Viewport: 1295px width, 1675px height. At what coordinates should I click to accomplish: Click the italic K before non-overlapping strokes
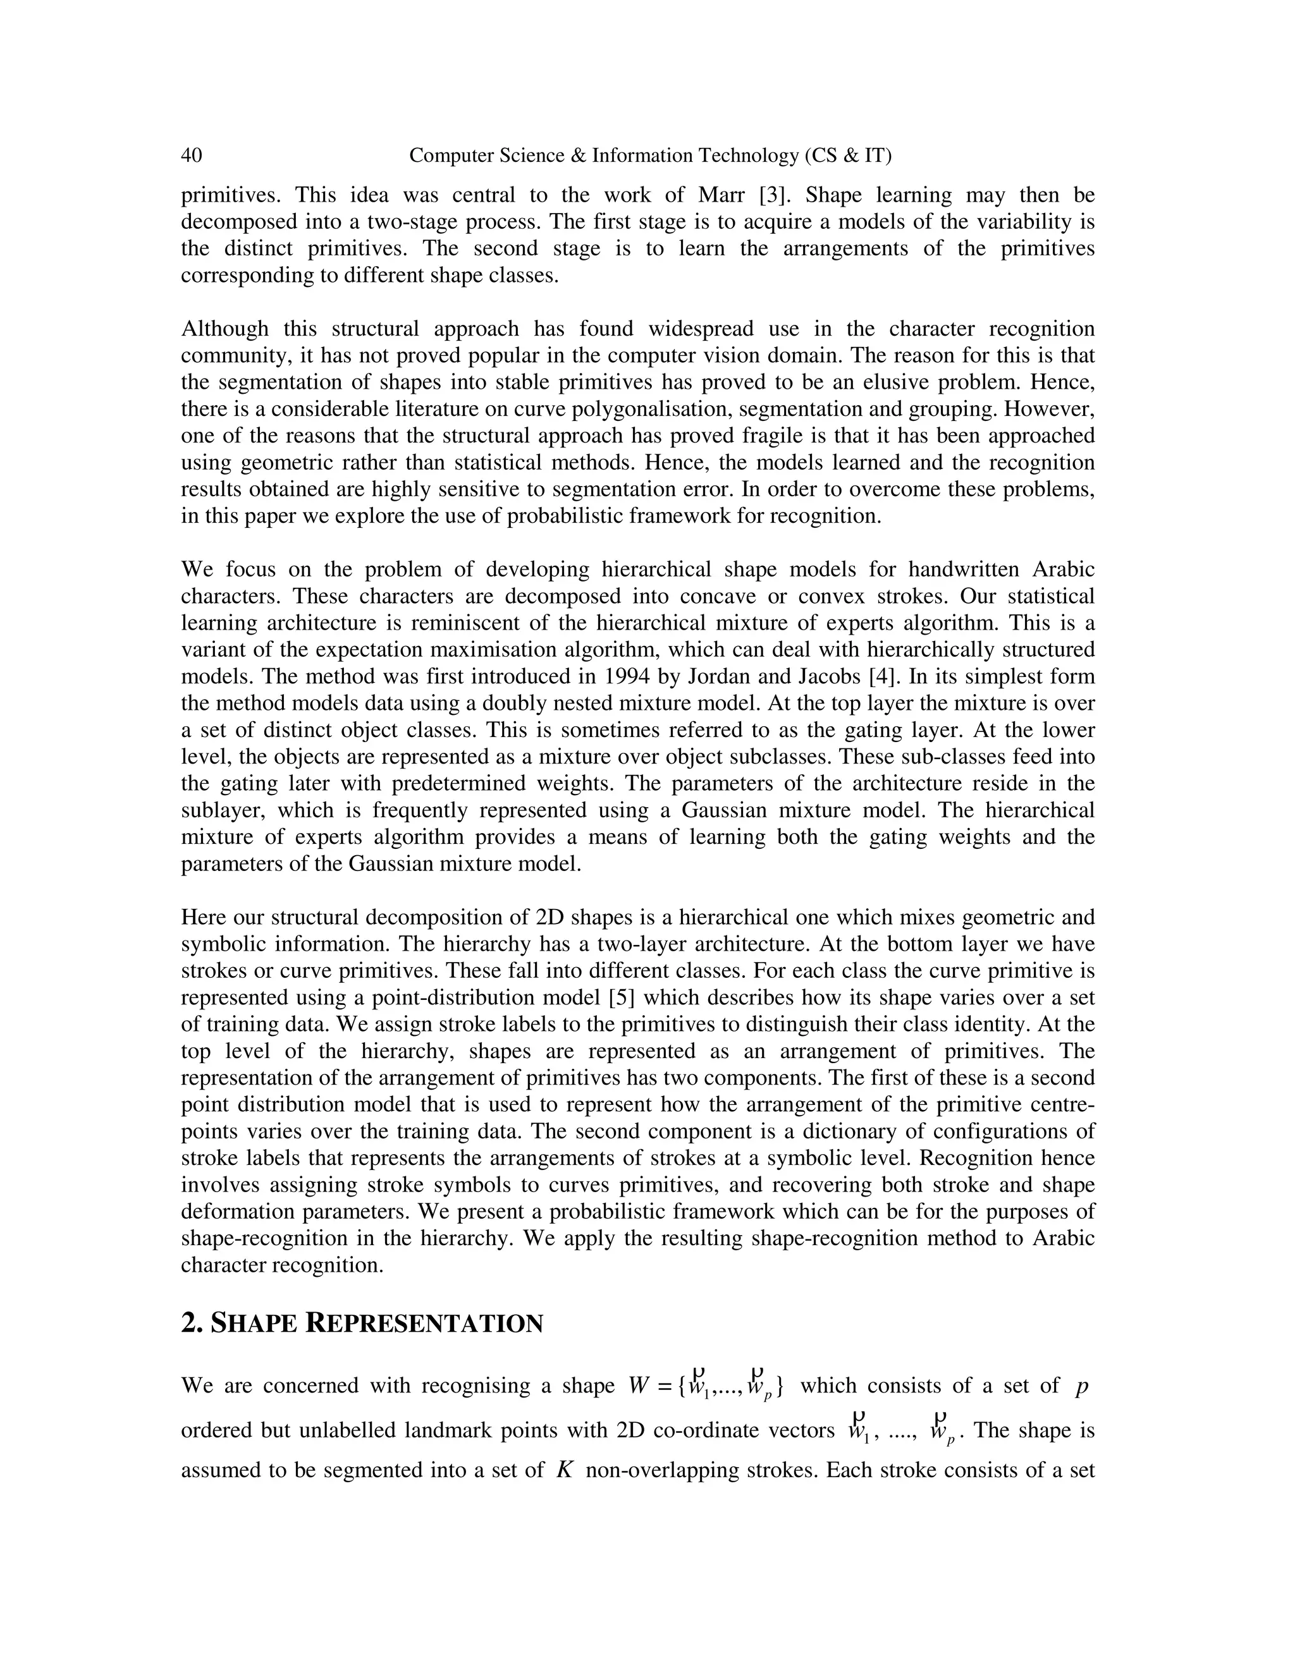point(565,1470)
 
